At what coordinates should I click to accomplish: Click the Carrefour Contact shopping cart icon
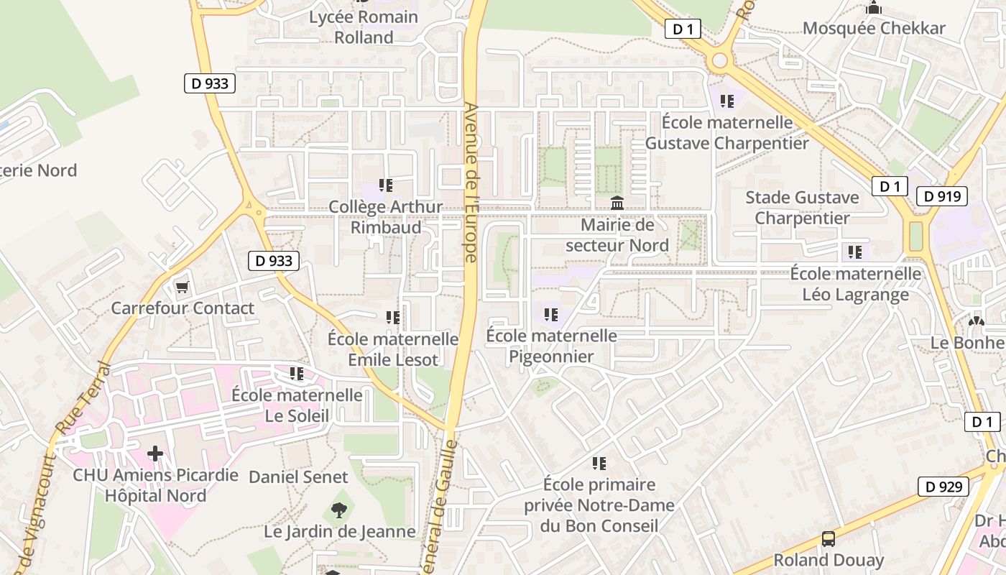click(x=182, y=287)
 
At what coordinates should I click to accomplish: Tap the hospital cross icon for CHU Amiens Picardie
click(x=155, y=454)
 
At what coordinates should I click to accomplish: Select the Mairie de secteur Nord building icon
click(x=617, y=203)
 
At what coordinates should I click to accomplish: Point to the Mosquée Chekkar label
click(x=874, y=28)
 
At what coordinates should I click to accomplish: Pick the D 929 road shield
click(x=943, y=487)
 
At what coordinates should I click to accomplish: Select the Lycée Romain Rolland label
click(x=364, y=27)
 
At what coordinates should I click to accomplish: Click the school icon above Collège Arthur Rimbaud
click(x=386, y=185)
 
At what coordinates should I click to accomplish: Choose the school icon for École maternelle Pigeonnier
click(x=551, y=314)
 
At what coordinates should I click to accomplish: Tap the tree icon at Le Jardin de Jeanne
click(x=338, y=510)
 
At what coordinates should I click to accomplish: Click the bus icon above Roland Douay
click(x=828, y=538)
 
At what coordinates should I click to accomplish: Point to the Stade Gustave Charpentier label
click(x=802, y=208)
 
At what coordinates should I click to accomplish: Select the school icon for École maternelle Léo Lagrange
click(x=854, y=252)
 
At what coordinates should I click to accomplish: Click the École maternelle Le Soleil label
click(x=297, y=405)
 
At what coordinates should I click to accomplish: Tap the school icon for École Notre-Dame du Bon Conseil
click(x=599, y=464)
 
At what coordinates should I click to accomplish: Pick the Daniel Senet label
click(x=298, y=477)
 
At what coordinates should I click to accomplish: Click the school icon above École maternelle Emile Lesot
click(x=393, y=317)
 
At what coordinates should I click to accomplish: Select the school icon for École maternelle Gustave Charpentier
click(x=727, y=101)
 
